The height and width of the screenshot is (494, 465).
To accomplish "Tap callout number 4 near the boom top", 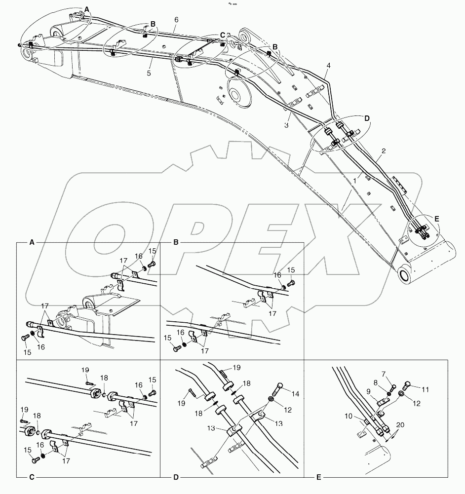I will pyautogui.click(x=329, y=65).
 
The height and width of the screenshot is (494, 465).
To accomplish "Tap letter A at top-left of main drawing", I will pyautogui.click(x=87, y=9).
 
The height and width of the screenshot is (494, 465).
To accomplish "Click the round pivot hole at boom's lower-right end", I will pyautogui.click(x=405, y=276).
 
